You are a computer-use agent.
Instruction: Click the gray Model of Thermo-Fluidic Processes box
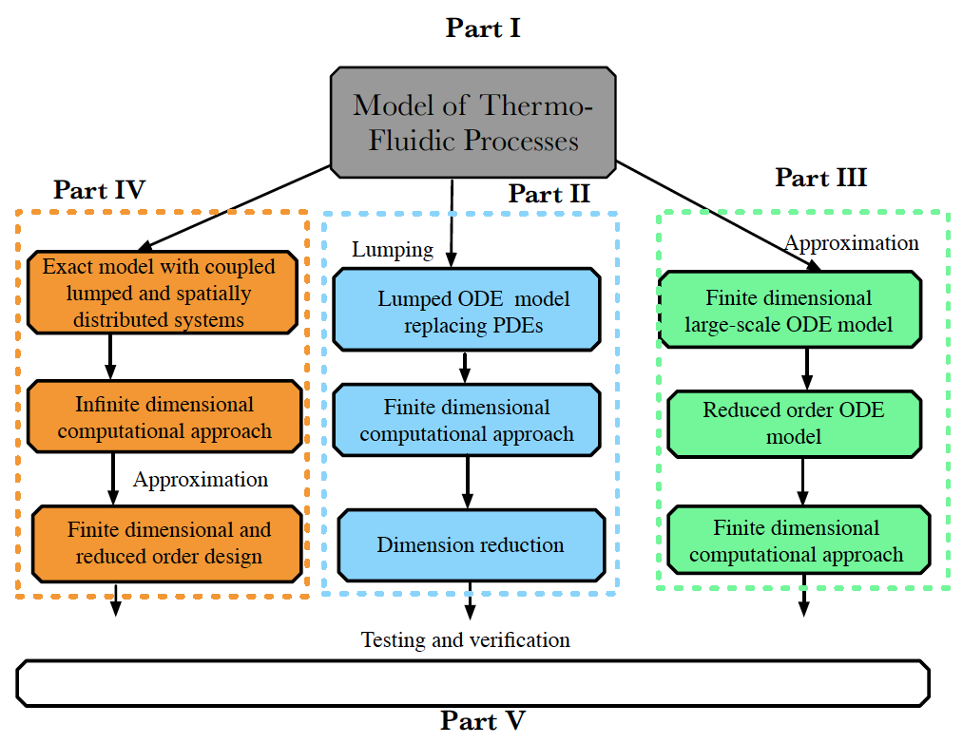472,123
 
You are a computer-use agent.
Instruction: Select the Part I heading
483,29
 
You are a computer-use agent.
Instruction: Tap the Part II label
549,194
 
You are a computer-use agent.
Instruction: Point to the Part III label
820,178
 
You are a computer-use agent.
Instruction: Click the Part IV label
100,190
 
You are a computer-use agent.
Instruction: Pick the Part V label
483,721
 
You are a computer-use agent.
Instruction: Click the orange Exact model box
163,293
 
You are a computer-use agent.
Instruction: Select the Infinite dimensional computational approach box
164,417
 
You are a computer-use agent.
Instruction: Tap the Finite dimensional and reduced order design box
167,544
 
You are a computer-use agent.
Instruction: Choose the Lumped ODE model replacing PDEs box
467,310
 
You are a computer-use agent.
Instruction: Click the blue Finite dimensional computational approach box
467,420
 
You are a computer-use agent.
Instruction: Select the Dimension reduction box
472,545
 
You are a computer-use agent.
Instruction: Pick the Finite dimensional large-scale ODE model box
790,310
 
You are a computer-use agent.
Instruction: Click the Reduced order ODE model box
794,424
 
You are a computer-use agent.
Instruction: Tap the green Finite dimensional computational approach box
799,541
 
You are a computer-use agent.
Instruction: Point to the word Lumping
393,250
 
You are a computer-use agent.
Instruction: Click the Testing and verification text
466,639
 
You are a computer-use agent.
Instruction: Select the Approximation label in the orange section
201,480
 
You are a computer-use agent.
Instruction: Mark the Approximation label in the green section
852,243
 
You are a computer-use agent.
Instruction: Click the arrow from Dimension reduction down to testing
470,600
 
